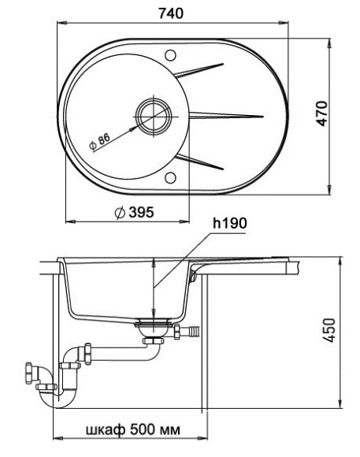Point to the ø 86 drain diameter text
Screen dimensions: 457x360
click(x=100, y=143)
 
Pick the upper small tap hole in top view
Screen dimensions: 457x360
click(x=170, y=55)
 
